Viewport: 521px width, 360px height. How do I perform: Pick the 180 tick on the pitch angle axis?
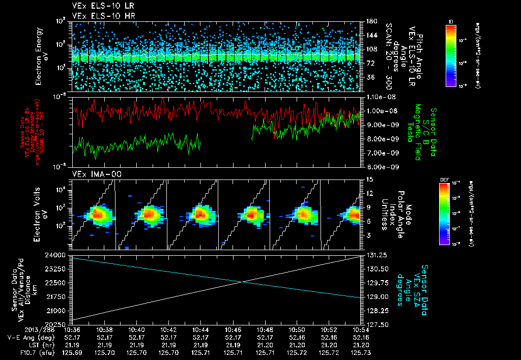[370, 21]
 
